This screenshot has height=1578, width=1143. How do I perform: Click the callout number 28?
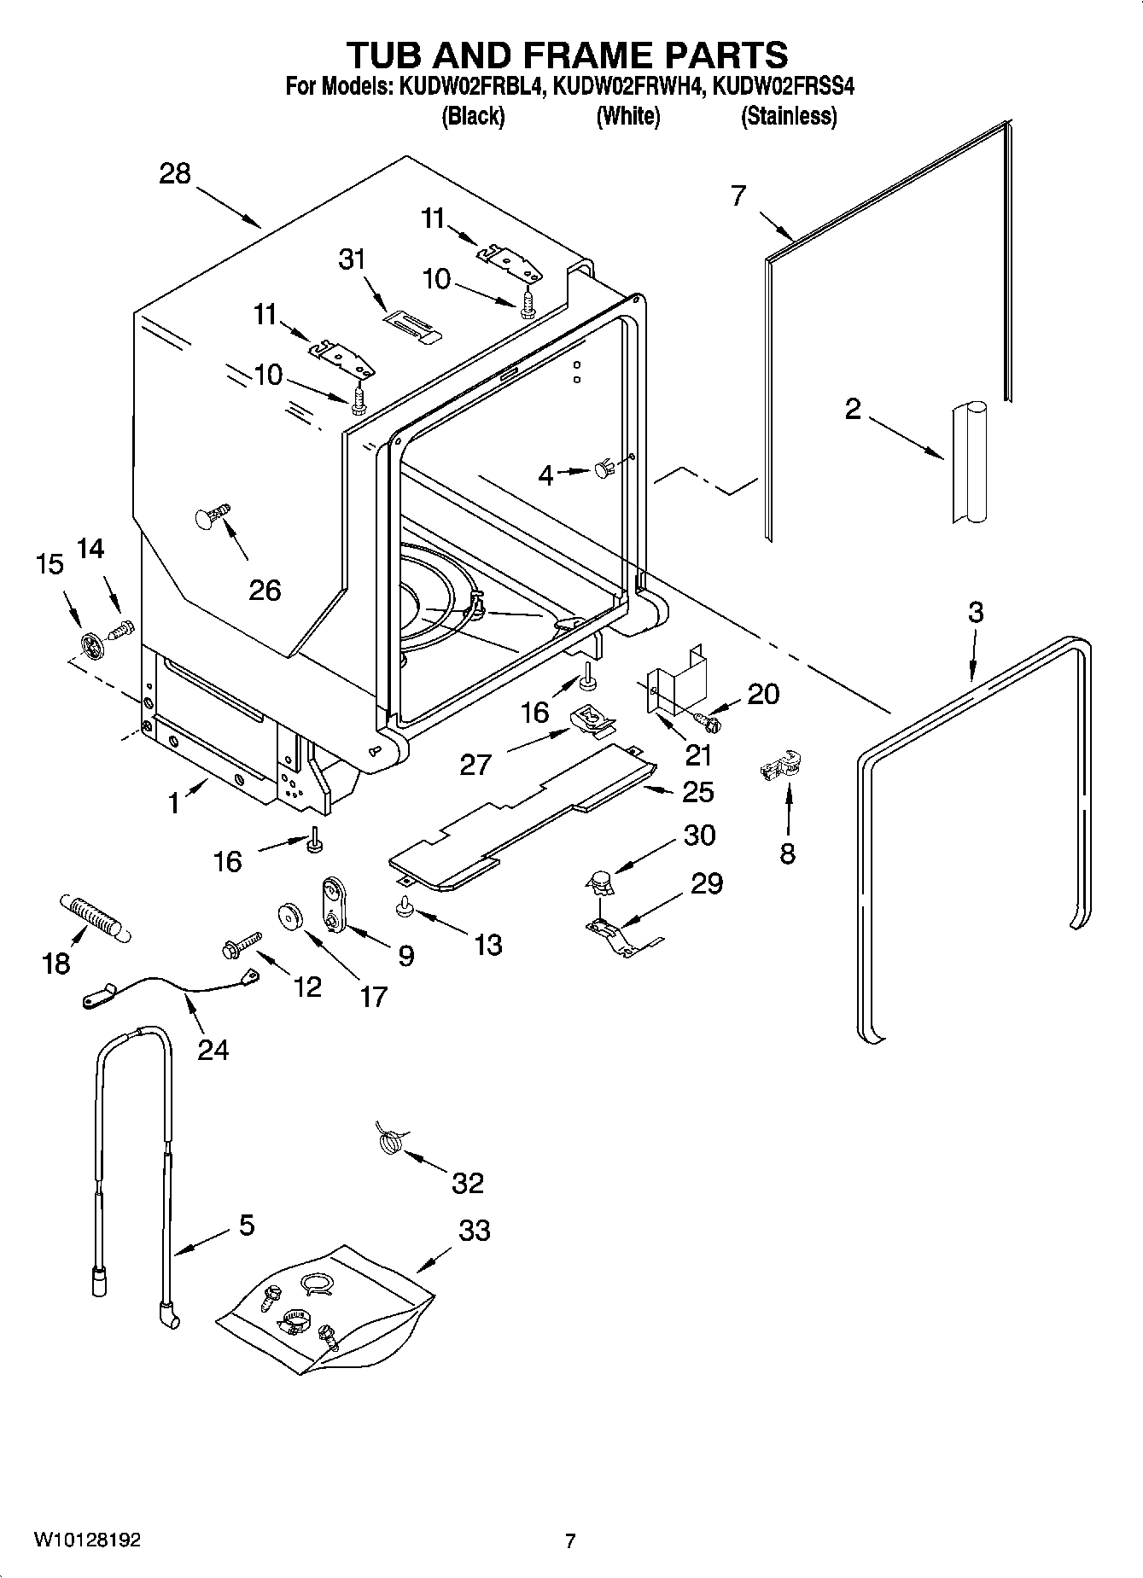click(x=175, y=173)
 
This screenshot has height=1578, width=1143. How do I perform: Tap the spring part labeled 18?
click(x=94, y=918)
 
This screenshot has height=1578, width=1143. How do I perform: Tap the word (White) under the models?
click(x=627, y=116)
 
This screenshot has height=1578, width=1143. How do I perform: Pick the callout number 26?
click(x=265, y=590)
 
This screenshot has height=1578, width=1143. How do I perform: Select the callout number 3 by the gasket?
click(x=975, y=612)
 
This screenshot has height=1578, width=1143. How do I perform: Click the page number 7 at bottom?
click(x=570, y=1540)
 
